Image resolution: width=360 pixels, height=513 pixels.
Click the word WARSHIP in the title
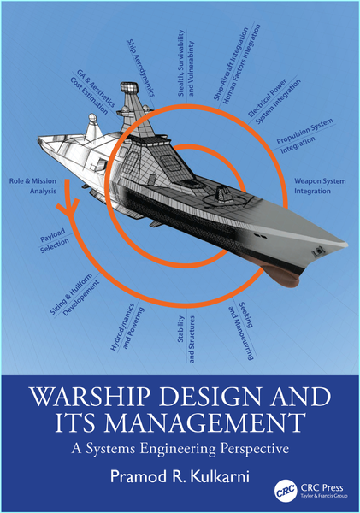coord(88,396)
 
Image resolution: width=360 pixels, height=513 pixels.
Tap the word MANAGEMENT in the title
coord(205,422)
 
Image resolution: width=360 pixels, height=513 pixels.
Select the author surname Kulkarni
coord(220,476)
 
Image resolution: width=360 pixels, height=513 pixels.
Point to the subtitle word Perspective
coord(254,449)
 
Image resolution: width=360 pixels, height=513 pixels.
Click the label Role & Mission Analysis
coord(32,186)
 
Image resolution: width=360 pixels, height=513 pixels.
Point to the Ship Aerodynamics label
coord(141,68)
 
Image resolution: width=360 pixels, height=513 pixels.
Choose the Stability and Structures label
coord(186,339)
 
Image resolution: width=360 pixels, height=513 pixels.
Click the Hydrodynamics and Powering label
coord(127,327)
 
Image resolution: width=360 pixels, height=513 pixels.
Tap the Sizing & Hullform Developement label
coord(74,294)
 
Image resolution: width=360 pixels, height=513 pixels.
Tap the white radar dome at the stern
coord(92,118)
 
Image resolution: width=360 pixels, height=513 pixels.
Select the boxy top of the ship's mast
coord(129,88)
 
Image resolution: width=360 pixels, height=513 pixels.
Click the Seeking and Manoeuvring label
coord(241,330)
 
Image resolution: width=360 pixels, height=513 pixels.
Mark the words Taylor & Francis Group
coord(324,496)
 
